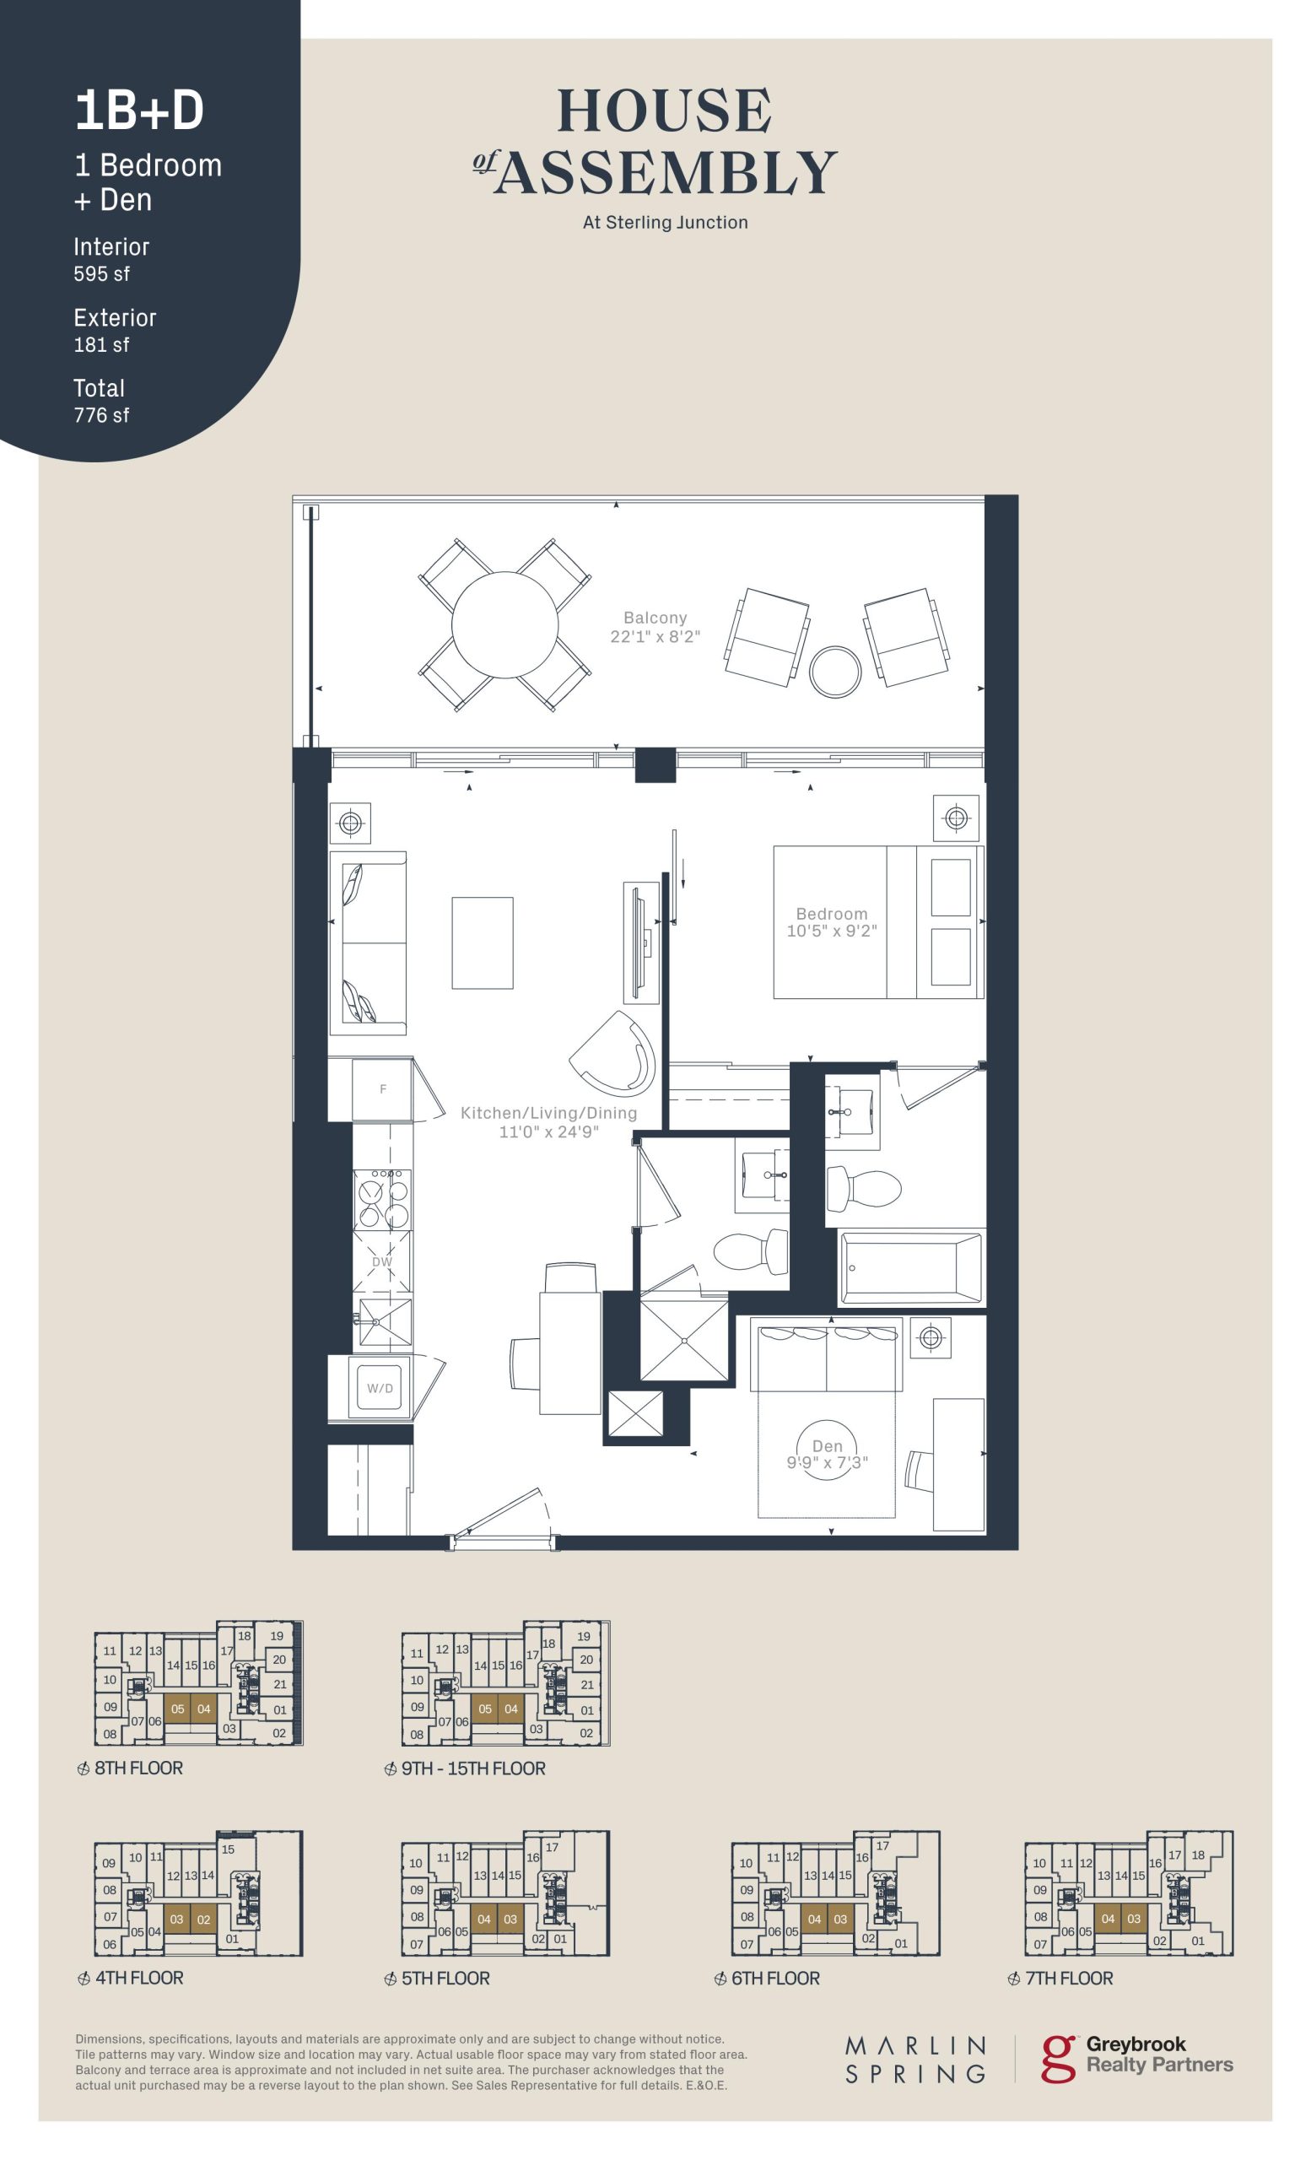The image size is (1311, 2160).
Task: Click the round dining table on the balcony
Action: click(504, 625)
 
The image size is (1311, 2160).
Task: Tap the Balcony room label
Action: click(655, 617)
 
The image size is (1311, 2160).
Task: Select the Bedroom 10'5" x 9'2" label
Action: click(831, 921)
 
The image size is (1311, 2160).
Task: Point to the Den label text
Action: click(827, 1445)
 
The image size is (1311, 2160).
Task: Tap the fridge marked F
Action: click(382, 1089)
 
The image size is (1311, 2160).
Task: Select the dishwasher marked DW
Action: click(382, 1261)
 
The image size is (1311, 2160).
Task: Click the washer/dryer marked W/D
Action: click(380, 1388)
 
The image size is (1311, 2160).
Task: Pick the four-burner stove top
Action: click(382, 1198)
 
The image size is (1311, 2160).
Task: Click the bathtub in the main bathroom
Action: click(911, 1267)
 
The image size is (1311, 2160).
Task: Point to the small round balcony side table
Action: click(834, 672)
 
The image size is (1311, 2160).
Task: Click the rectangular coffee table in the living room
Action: click(482, 942)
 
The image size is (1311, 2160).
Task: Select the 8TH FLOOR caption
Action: click(138, 1768)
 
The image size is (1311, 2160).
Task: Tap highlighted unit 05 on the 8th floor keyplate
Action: click(177, 1709)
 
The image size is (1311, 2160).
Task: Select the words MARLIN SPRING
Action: click(914, 2060)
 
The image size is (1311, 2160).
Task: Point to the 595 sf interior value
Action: click(101, 273)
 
